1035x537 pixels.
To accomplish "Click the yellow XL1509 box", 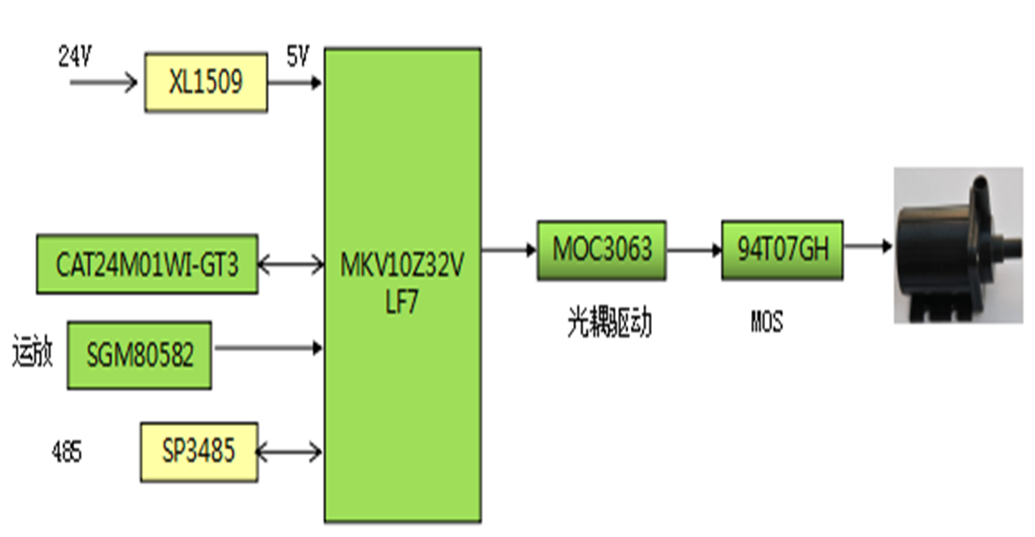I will (x=206, y=83).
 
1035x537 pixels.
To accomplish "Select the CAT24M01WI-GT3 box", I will (x=147, y=264).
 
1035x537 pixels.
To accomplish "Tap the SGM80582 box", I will (x=140, y=355).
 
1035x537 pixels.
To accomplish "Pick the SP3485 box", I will (x=199, y=452).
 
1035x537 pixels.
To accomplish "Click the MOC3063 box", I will (x=602, y=249).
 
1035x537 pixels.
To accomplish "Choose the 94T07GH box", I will (x=782, y=249).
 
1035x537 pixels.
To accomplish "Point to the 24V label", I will (x=74, y=58).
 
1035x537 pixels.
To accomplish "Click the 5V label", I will (x=297, y=58).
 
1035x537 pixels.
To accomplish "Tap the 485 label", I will (x=66, y=453).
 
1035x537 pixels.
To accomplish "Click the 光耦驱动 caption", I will (x=609, y=324).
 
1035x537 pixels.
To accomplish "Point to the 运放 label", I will (x=34, y=354).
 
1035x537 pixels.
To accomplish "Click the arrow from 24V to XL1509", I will (x=103, y=84).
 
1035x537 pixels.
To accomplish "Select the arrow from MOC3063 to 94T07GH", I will (x=694, y=249).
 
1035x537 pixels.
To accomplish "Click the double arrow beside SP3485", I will (x=291, y=451).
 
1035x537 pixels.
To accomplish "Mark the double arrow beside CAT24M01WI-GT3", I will (x=291, y=264).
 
